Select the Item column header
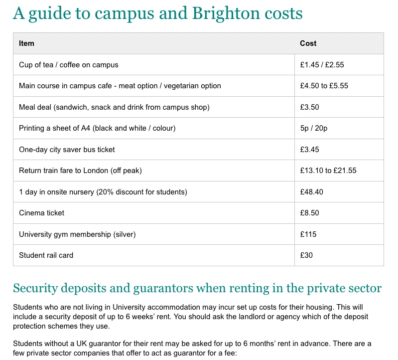(x=26, y=43)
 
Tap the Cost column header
(x=308, y=43)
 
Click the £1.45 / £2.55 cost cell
(x=322, y=65)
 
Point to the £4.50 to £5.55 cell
(x=324, y=86)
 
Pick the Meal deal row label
(x=114, y=107)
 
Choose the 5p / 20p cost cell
(x=313, y=128)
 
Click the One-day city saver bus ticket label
(x=67, y=150)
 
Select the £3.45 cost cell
(x=309, y=150)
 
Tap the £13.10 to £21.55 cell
(x=328, y=171)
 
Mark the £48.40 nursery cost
(x=311, y=192)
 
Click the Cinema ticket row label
(x=41, y=213)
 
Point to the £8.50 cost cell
(x=309, y=213)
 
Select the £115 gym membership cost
(x=308, y=234)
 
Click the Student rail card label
(x=46, y=255)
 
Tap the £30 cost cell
(x=306, y=255)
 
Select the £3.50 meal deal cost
(x=309, y=107)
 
